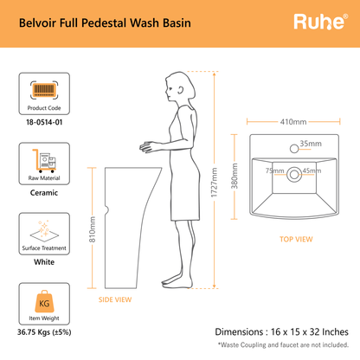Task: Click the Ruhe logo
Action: pyautogui.click(x=321, y=22)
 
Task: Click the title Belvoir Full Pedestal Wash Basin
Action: pyautogui.click(x=105, y=23)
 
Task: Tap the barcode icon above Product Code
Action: pyautogui.click(x=44, y=90)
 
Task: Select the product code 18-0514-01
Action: pyautogui.click(x=44, y=122)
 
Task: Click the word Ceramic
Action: pyautogui.click(x=44, y=193)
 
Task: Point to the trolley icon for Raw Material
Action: pyautogui.click(x=44, y=161)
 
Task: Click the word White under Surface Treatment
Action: pyautogui.click(x=44, y=262)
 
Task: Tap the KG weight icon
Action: pyautogui.click(x=44, y=302)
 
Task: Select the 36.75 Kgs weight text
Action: pyautogui.click(x=44, y=332)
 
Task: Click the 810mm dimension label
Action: pyautogui.click(x=92, y=229)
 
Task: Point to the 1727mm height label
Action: pyautogui.click(x=214, y=183)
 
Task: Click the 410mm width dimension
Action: pyautogui.click(x=293, y=122)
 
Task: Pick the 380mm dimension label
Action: pyautogui.click(x=235, y=176)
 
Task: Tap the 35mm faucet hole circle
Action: pyautogui.click(x=294, y=149)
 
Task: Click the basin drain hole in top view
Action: pyautogui.click(x=294, y=174)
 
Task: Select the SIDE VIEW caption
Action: pyautogui.click(x=115, y=299)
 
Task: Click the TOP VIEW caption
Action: pyautogui.click(x=296, y=239)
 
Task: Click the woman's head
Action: pyautogui.click(x=180, y=87)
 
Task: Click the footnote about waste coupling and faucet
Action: pyautogui.click(x=283, y=344)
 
